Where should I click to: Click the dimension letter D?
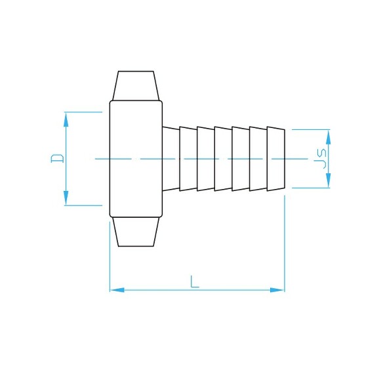click(x=58, y=158)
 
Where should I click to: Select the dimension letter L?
click(x=195, y=282)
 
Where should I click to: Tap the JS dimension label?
click(x=321, y=159)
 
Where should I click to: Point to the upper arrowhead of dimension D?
click(x=66, y=119)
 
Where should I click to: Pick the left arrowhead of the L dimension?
click(x=117, y=289)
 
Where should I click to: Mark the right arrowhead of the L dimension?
click(x=277, y=289)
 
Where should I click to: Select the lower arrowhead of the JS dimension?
click(x=329, y=181)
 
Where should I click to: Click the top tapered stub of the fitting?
click(x=136, y=85)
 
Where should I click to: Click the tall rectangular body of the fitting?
click(x=136, y=158)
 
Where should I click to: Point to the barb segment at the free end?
click(x=276, y=159)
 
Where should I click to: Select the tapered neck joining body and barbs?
click(x=170, y=159)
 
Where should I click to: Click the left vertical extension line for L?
click(x=110, y=256)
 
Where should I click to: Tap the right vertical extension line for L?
click(x=285, y=243)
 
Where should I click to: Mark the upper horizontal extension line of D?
click(x=82, y=112)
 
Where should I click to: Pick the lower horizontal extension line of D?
click(x=82, y=205)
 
